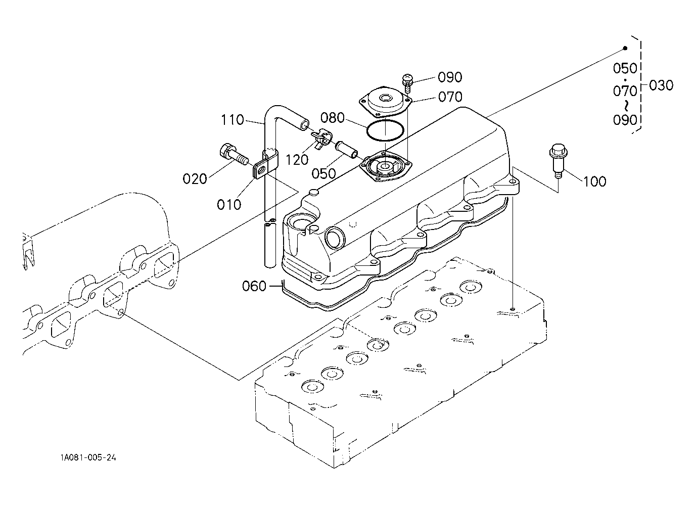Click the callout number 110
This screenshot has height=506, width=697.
pyautogui.click(x=232, y=120)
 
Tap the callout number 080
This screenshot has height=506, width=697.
pyautogui.click(x=332, y=118)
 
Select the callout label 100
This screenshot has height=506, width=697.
pyautogui.click(x=594, y=181)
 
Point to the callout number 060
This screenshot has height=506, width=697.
pyautogui.click(x=254, y=286)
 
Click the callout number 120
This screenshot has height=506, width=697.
pyautogui.click(x=297, y=160)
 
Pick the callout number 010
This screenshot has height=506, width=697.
pyautogui.click(x=229, y=205)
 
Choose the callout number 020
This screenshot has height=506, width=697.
pyautogui.click(x=195, y=179)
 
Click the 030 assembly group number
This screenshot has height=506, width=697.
pyautogui.click(x=661, y=85)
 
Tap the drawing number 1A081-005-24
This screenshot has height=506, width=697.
pyautogui.click(x=88, y=457)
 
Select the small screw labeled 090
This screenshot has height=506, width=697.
pyautogui.click(x=407, y=82)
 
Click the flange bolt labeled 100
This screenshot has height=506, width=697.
pyautogui.click(x=559, y=160)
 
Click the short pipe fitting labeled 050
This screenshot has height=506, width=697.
pyautogui.click(x=346, y=149)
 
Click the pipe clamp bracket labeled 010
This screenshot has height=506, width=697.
pyautogui.click(x=265, y=164)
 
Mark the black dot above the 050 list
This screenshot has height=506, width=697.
pyautogui.click(x=625, y=48)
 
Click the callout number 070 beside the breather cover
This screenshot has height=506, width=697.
pyautogui.click(x=450, y=97)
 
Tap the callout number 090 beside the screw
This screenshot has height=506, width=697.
pyautogui.click(x=450, y=77)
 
